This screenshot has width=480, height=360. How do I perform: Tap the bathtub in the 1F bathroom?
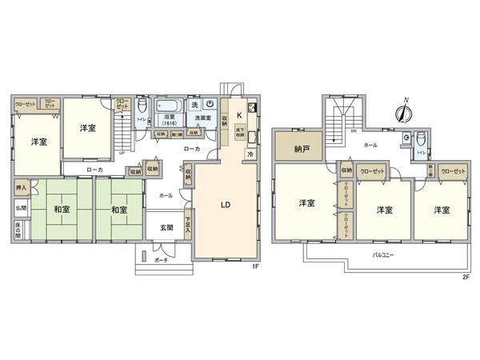coord(169,103)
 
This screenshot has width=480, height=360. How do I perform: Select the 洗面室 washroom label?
coord(202,118)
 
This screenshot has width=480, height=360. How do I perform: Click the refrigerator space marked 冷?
coord(250,154)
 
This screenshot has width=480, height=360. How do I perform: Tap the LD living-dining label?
coord(226,203)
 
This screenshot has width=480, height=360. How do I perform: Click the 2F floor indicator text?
coord(465,278)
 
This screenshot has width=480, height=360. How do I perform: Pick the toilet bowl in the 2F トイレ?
coord(421,138)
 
